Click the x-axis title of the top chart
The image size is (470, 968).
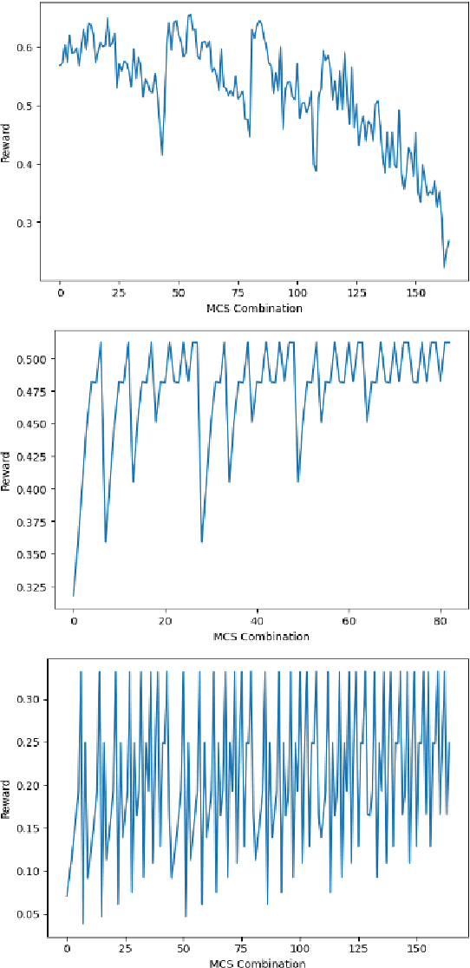[254, 309]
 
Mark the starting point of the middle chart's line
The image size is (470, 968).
[74, 596]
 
